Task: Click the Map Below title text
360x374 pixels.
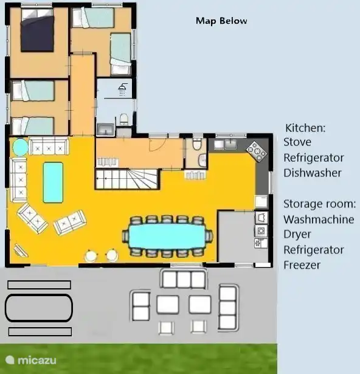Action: tap(221, 21)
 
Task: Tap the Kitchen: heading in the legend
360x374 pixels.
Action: tap(305, 128)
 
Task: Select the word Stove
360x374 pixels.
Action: tap(297, 142)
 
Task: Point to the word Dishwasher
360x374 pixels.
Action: tap(313, 173)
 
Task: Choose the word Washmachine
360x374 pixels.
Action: tap(319, 219)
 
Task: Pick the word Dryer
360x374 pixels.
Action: tap(297, 234)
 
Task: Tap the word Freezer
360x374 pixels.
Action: tap(302, 265)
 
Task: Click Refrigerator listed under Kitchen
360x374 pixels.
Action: tap(314, 158)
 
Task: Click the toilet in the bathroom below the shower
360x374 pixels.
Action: tap(123, 118)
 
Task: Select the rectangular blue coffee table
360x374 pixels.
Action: tap(53, 181)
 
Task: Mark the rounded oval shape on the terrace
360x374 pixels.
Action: tap(39, 307)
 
